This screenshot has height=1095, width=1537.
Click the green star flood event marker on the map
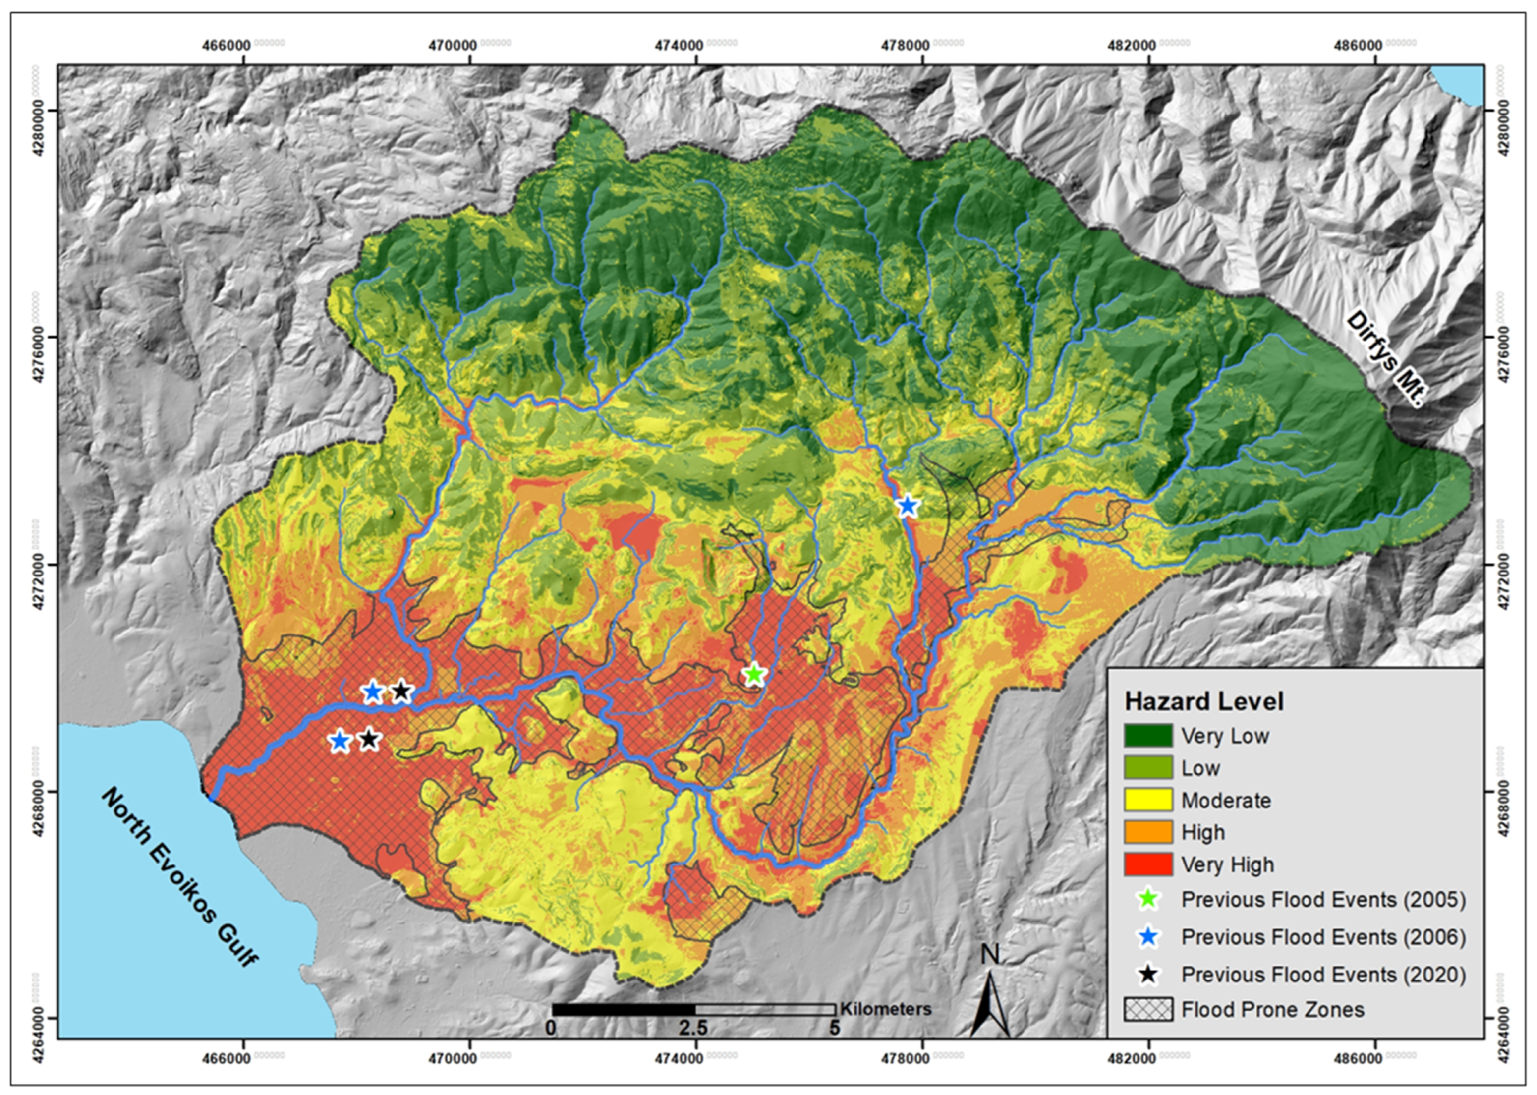[754, 674]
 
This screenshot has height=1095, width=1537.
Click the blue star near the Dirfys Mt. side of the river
[908, 505]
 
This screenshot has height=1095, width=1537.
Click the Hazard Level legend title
[1204, 702]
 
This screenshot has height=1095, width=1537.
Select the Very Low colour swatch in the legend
[1148, 736]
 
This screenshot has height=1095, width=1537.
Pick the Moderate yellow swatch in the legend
[1148, 801]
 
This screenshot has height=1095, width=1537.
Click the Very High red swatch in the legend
[1148, 864]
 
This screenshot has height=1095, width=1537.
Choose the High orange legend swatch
[1148, 832]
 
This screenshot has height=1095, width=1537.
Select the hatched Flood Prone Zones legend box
[1148, 1009]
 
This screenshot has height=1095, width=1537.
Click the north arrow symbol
[990, 998]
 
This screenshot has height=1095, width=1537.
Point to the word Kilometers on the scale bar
[885, 1009]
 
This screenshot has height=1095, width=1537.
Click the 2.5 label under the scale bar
[693, 1028]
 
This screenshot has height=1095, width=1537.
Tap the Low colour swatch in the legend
[1148, 768]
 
